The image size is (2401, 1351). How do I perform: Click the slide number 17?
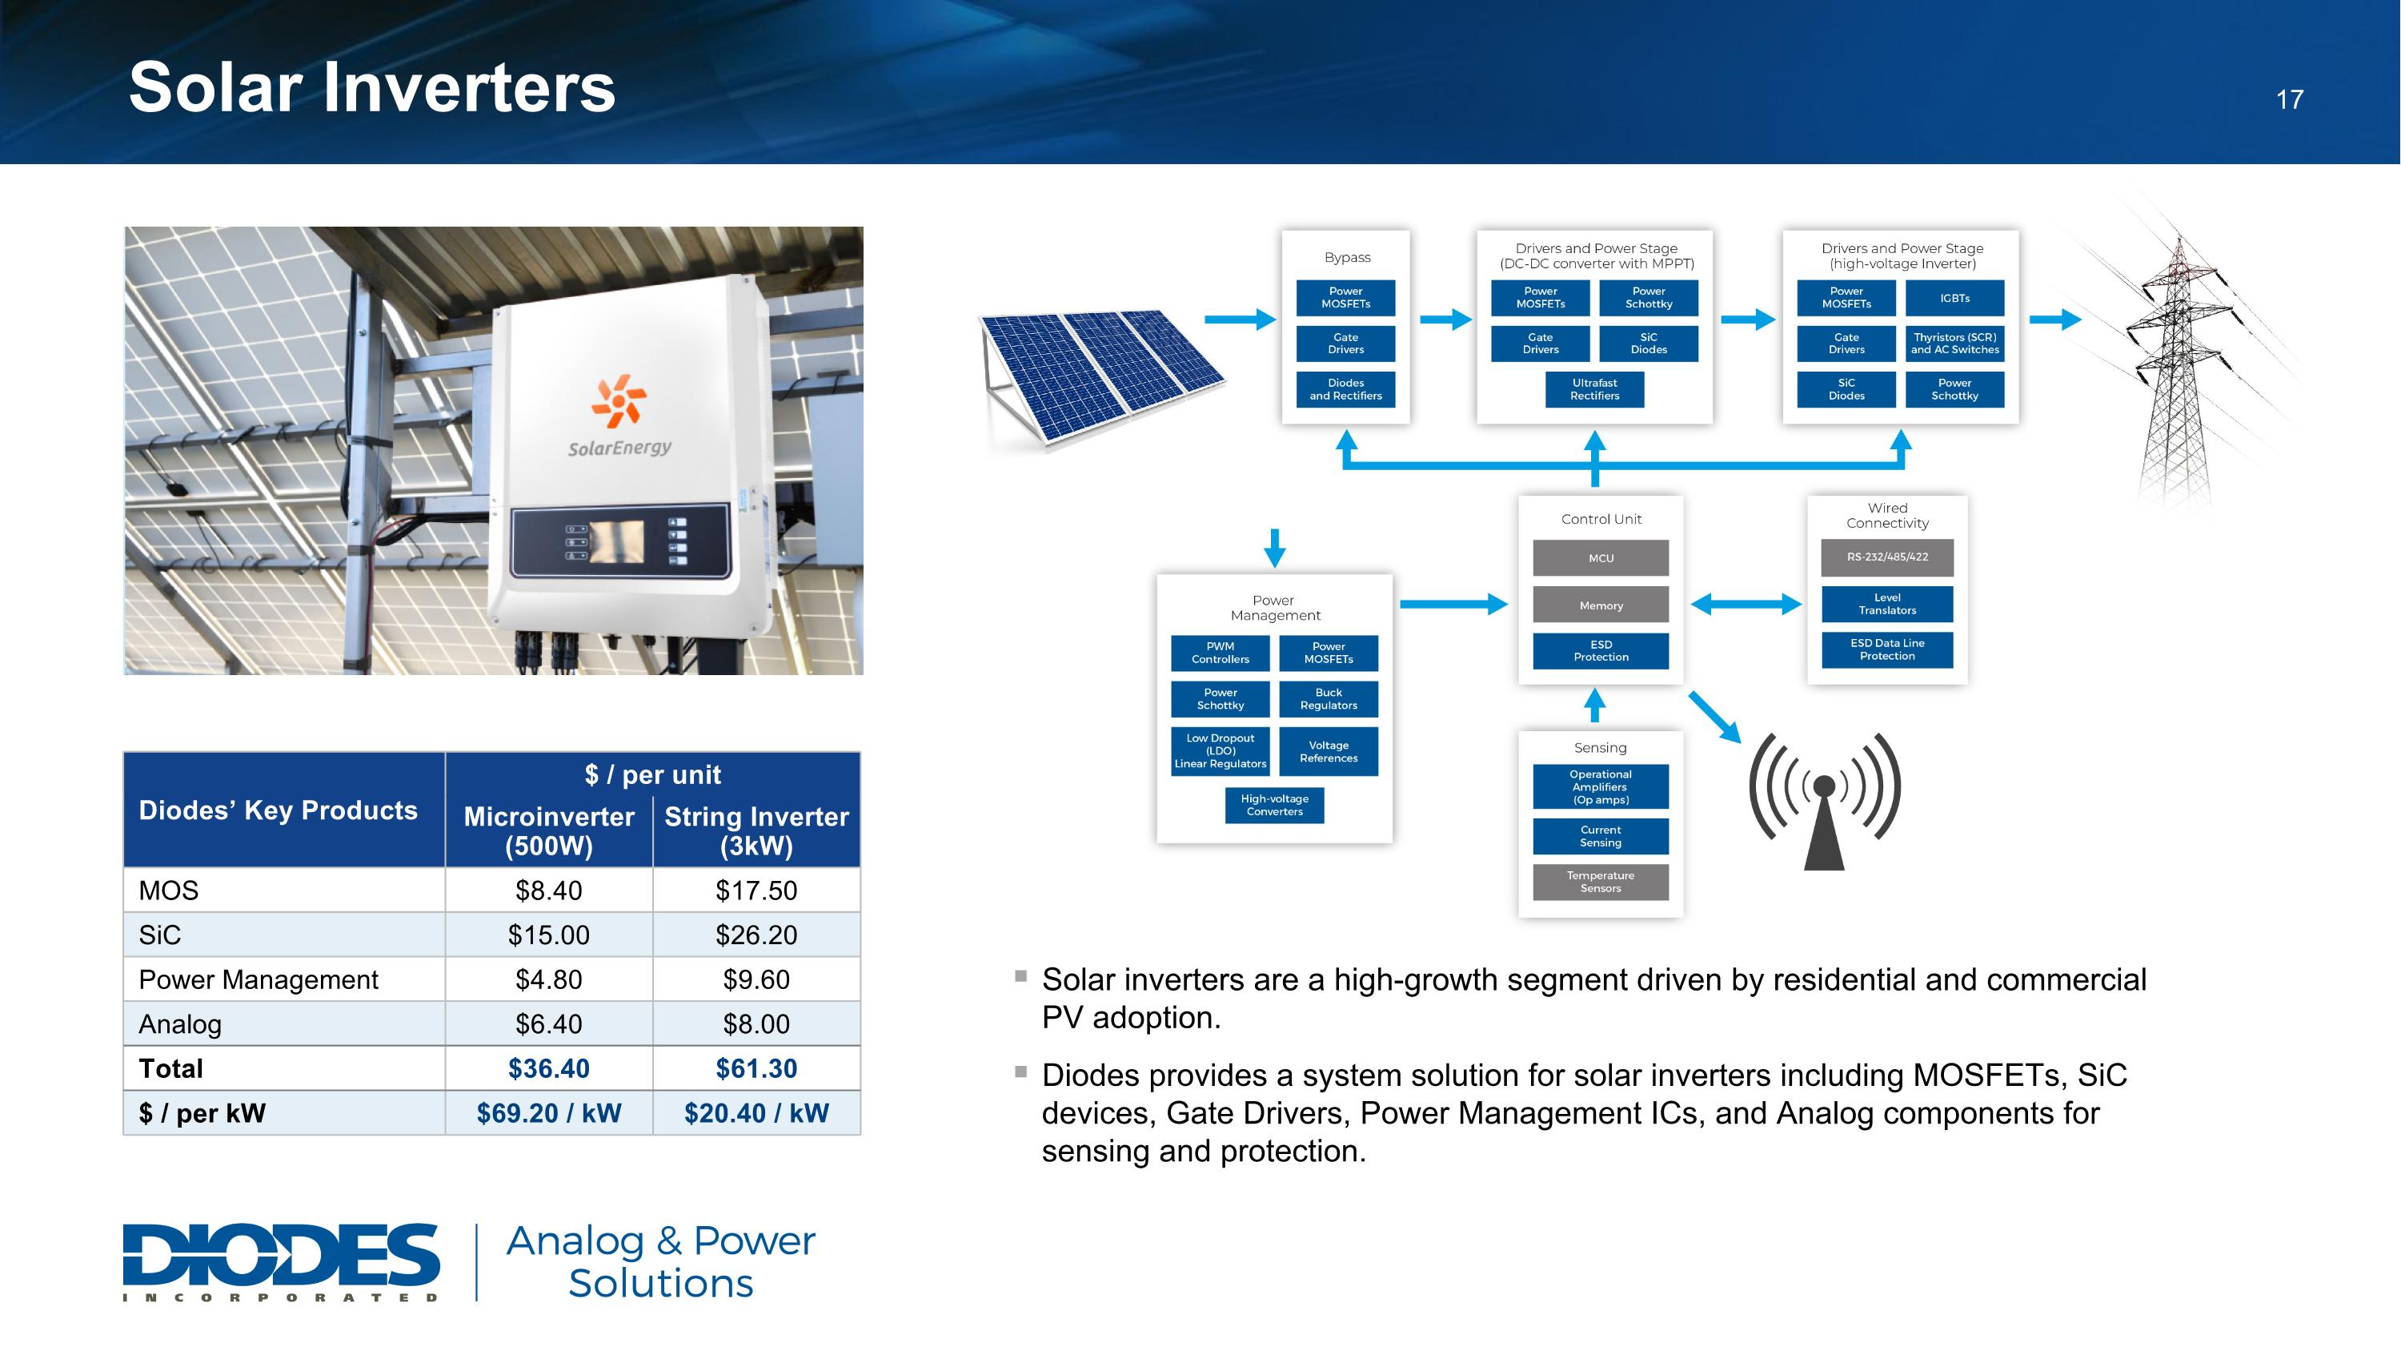click(2289, 100)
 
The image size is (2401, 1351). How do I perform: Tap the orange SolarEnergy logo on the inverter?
click(618, 399)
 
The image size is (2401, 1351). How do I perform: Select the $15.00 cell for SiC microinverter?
click(549, 935)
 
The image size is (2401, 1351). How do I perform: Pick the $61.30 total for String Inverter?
click(756, 1068)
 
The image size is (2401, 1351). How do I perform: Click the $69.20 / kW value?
click(549, 1113)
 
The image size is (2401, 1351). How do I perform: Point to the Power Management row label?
click(259, 980)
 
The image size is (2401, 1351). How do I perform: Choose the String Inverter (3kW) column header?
click(756, 830)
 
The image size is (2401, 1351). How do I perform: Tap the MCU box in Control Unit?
click(1601, 558)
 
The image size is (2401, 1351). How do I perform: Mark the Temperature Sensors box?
click(1601, 882)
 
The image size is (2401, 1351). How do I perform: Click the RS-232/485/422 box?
click(1887, 557)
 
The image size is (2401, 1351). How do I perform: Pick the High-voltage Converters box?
click(1274, 806)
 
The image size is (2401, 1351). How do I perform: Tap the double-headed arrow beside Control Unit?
click(1746, 604)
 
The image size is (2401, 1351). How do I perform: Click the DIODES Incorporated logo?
click(281, 1262)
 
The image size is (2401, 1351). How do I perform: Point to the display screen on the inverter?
click(616, 541)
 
